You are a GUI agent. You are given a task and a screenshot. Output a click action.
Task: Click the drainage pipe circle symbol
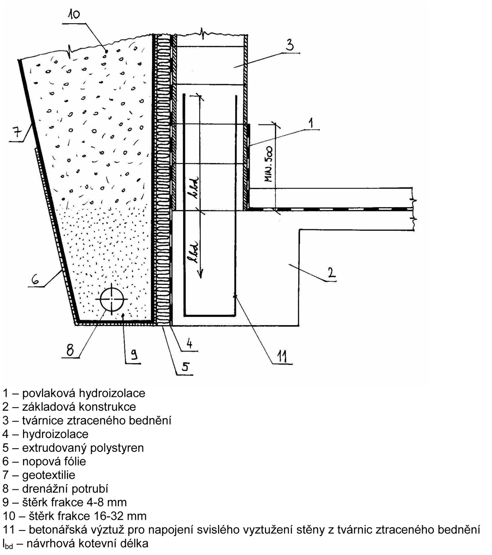pos(111,299)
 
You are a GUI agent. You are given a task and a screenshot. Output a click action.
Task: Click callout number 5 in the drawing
pos(184,368)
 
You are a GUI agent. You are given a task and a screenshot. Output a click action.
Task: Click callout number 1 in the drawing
pos(312,123)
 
